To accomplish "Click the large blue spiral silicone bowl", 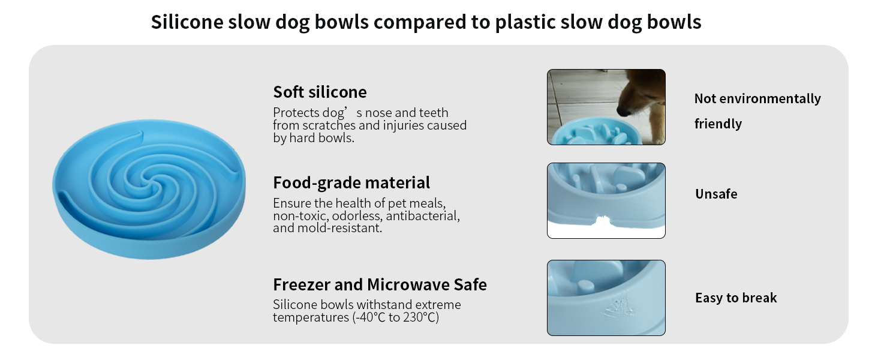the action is [x=149, y=189].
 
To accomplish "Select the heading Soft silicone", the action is [x=320, y=92].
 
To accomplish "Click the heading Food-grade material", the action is [x=351, y=183].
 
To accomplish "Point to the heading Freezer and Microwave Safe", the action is [x=380, y=285].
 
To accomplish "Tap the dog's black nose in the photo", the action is [x=623, y=111].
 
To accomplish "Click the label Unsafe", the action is [x=716, y=194].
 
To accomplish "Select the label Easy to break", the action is [x=736, y=298].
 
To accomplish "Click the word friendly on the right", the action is [x=718, y=124].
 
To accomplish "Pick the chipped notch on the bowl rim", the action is [x=603, y=221].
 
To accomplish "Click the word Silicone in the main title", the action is [x=187, y=22].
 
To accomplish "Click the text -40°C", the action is [x=369, y=317].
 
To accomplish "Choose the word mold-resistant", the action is [x=339, y=228].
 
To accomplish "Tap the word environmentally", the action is [x=770, y=99].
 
